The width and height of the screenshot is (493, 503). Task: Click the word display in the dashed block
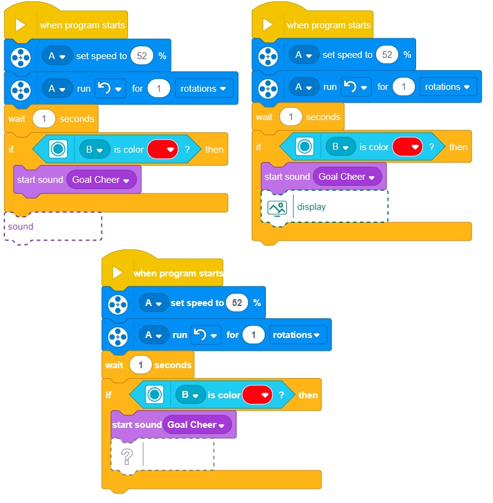click(x=311, y=207)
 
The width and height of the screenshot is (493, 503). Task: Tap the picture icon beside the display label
click(x=277, y=207)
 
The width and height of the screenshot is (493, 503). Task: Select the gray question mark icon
click(x=127, y=456)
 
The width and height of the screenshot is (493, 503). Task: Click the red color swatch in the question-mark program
click(x=257, y=395)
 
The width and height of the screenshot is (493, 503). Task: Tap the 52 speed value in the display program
click(x=387, y=55)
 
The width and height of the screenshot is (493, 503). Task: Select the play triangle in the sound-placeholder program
click(x=21, y=25)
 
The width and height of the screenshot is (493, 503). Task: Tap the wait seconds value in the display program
click(x=291, y=117)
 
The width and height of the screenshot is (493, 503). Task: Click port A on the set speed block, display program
click(x=303, y=55)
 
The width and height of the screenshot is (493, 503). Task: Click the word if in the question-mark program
click(x=108, y=395)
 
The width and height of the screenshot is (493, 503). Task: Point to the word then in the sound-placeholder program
click(x=214, y=150)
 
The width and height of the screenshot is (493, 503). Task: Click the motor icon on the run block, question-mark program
click(x=118, y=336)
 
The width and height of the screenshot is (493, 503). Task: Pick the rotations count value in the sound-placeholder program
click(x=159, y=89)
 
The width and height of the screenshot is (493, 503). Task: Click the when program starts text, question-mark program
click(x=178, y=273)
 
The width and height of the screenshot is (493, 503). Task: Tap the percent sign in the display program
click(x=407, y=55)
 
